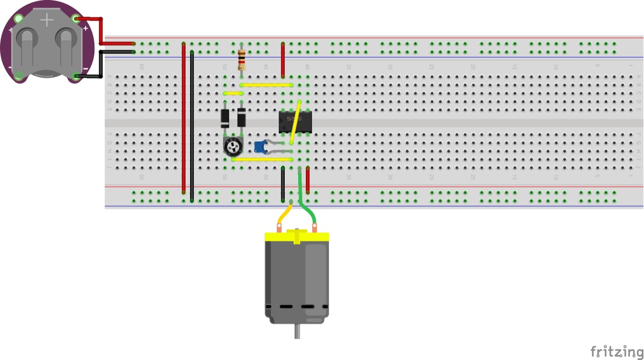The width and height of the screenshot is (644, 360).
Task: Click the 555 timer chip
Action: click(x=295, y=122)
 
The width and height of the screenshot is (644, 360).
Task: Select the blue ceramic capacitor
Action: click(x=260, y=147)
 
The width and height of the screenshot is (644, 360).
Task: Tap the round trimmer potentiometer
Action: click(x=233, y=147)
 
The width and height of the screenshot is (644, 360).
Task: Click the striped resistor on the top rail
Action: click(x=242, y=60)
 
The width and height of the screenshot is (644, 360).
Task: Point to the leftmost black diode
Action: click(x=225, y=118)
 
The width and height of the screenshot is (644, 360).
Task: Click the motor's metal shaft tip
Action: click(x=297, y=333)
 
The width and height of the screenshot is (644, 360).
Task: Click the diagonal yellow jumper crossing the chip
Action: click(x=295, y=122)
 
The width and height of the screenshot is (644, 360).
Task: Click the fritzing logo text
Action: click(x=616, y=351)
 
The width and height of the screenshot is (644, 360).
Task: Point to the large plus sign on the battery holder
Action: click(x=47, y=20)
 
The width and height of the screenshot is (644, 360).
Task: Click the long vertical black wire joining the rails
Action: click(x=192, y=126)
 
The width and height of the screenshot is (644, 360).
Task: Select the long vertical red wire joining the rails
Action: click(x=184, y=118)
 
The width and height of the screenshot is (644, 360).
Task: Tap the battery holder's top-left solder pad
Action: click(x=19, y=19)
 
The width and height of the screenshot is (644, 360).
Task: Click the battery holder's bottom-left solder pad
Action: click(x=19, y=75)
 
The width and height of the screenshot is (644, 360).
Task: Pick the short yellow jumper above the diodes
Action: click(x=233, y=93)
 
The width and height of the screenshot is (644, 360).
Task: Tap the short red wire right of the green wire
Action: click(x=308, y=180)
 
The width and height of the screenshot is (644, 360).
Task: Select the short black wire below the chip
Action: click(x=283, y=184)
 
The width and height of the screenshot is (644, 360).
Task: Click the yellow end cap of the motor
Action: click(x=297, y=236)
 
